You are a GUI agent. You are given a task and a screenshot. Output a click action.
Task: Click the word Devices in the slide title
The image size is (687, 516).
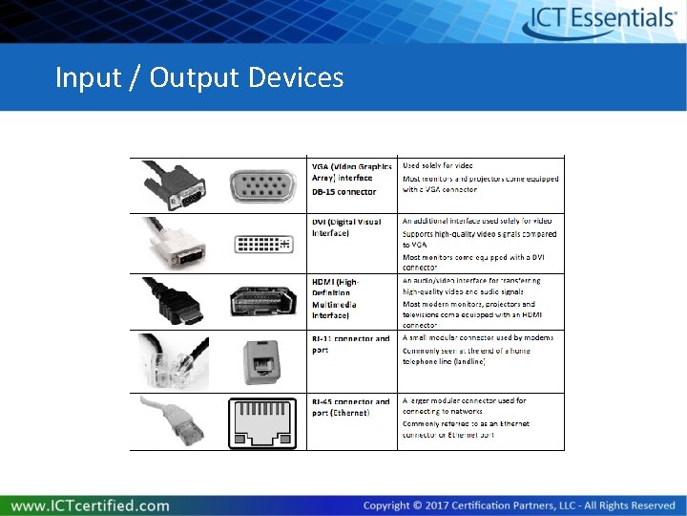(296, 76)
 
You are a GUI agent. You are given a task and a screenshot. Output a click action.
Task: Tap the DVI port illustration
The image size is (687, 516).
(262, 244)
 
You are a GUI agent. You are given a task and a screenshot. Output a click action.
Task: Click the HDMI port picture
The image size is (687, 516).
(262, 302)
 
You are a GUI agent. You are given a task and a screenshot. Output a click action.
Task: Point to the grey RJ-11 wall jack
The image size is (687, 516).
(260, 361)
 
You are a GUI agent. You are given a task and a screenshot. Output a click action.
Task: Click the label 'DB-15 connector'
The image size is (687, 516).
(343, 192)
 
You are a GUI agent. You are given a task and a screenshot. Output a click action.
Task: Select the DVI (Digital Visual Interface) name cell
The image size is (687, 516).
(345, 227)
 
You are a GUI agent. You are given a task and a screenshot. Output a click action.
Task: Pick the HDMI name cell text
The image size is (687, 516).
(336, 298)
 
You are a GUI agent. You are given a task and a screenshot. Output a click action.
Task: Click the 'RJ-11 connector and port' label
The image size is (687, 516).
(350, 344)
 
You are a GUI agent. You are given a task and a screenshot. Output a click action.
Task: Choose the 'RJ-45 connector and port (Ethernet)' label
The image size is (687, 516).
(350, 407)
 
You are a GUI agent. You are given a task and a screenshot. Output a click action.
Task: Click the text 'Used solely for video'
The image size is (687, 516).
(437, 166)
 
